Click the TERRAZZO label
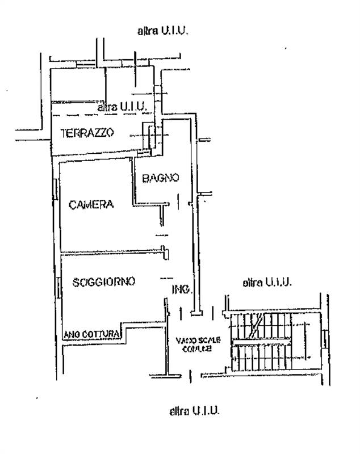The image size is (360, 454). tap(87, 133)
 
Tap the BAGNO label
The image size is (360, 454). tap(161, 178)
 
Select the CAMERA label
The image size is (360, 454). tap(91, 205)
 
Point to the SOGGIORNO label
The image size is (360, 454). tap(103, 281)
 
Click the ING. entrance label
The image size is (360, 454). tap(182, 290)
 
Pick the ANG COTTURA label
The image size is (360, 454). tap(91, 334)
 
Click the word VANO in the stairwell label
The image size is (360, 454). tap(183, 340)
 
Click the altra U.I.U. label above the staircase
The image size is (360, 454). tap(266, 281)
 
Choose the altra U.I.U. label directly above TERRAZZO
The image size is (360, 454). tap(123, 106)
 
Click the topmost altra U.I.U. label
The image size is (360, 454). tap(162, 31)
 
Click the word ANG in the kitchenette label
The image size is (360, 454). tap(72, 334)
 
